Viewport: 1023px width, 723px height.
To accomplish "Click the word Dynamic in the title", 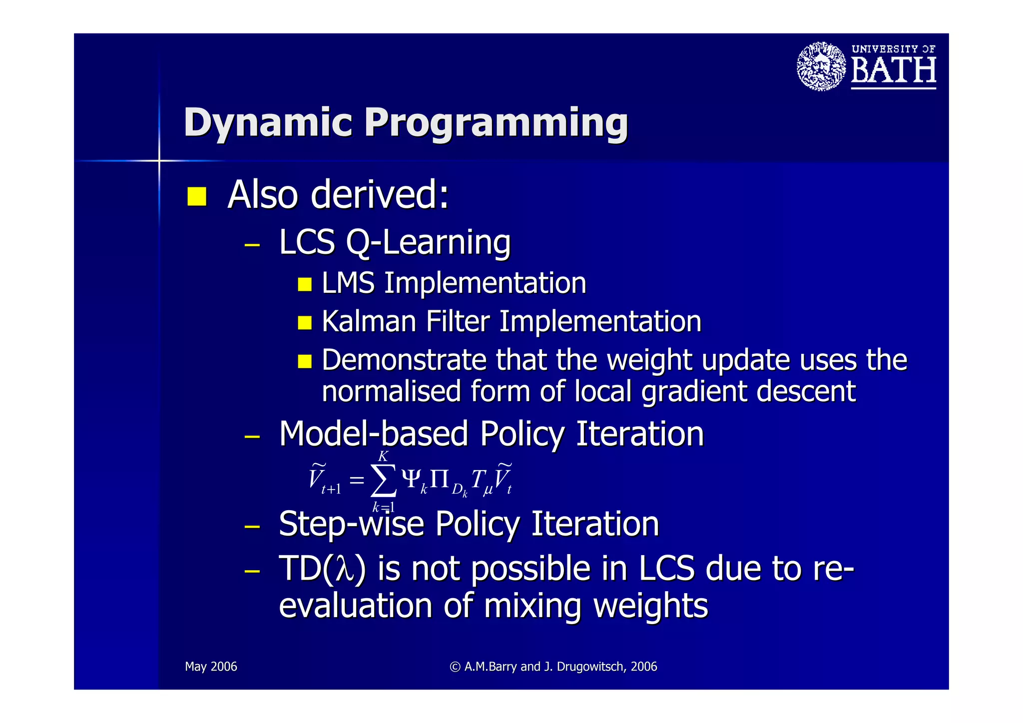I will click(268, 122).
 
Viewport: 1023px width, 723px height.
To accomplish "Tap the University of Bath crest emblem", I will click(821, 66).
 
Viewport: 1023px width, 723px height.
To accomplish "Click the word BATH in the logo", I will click(893, 70).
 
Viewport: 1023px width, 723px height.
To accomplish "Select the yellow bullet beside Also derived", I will click(197, 196).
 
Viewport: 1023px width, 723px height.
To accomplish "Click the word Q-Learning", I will click(428, 243).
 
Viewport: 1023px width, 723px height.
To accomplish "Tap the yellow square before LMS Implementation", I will click(304, 284).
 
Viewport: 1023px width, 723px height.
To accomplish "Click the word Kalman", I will click(369, 321).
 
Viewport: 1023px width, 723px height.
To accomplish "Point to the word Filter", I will click(457, 321).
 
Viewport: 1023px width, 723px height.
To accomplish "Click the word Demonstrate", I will click(404, 360).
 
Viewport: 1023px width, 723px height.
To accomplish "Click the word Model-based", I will click(373, 434).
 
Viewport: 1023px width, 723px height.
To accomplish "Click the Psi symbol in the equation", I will click(412, 479).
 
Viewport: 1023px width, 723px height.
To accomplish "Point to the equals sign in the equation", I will click(357, 481).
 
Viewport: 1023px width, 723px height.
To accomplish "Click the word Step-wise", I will click(351, 524).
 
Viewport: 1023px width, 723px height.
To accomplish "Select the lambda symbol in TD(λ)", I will click(345, 570).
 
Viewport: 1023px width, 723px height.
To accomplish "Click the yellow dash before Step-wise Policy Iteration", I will click(252, 526).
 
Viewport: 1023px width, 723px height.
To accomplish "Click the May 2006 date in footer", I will click(211, 667).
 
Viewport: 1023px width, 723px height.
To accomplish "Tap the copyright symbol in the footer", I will click(455, 667).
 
